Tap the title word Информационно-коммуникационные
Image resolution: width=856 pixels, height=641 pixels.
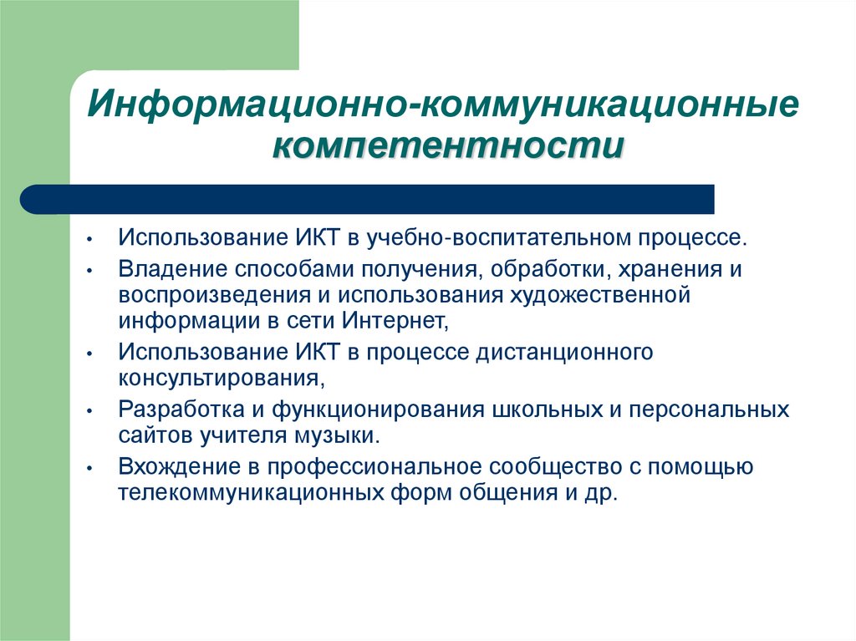pos(444,106)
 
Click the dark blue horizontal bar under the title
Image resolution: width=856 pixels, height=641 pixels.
pos(368,199)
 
